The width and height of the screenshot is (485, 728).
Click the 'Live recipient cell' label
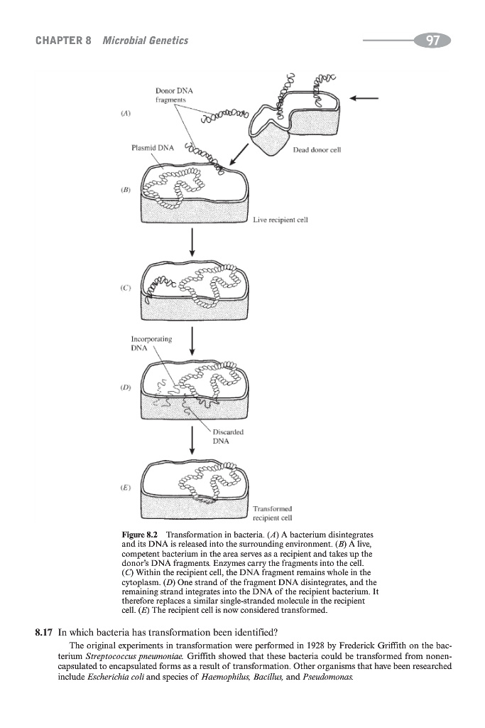coord(281,220)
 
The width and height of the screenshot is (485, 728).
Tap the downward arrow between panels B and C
coord(192,245)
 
